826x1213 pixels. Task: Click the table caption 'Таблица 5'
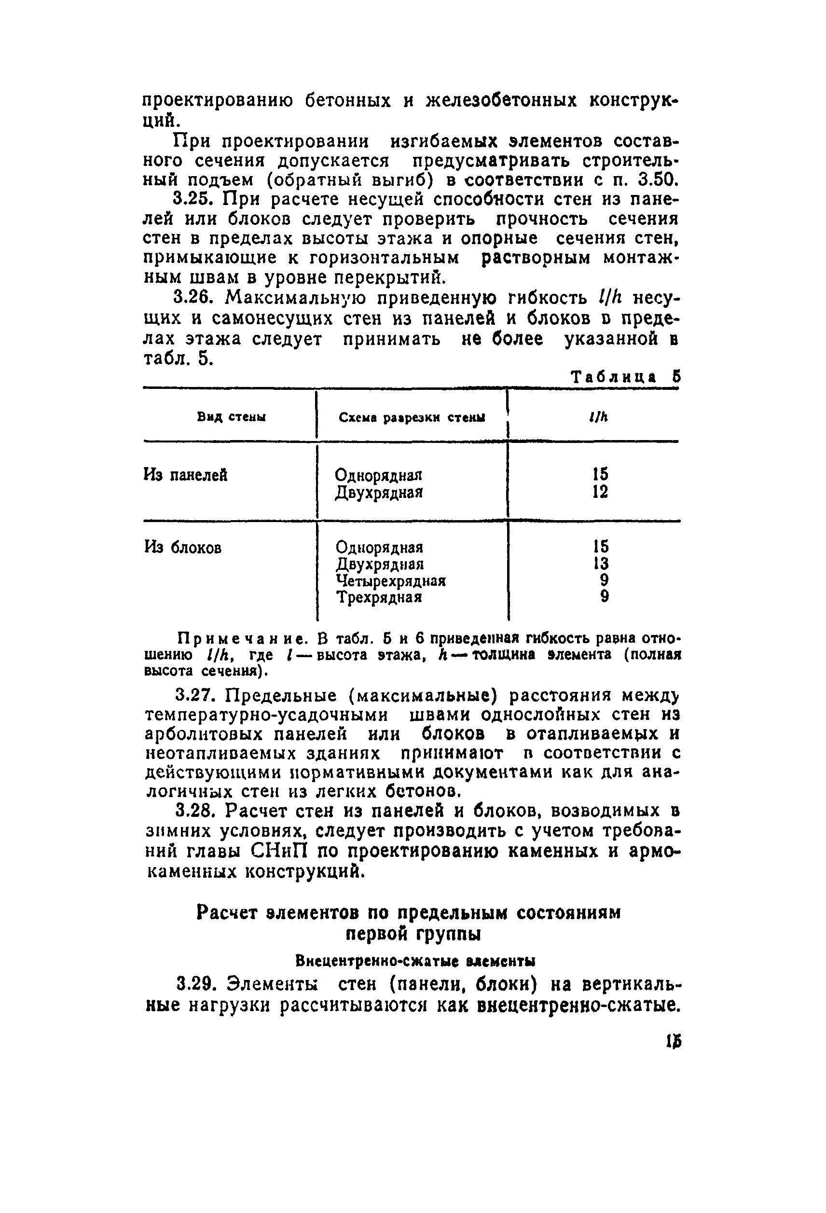[x=626, y=377]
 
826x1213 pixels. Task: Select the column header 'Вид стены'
[x=232, y=417]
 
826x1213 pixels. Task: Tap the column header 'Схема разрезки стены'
[x=412, y=417]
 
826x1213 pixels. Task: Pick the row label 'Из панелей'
[x=186, y=475]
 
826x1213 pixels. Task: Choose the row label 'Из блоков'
[x=183, y=548]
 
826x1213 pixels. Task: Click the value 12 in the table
[x=600, y=492]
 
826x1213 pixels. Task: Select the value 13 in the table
[x=601, y=564]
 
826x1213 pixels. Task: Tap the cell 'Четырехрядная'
[x=391, y=580]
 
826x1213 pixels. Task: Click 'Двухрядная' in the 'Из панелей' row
[x=379, y=492]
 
